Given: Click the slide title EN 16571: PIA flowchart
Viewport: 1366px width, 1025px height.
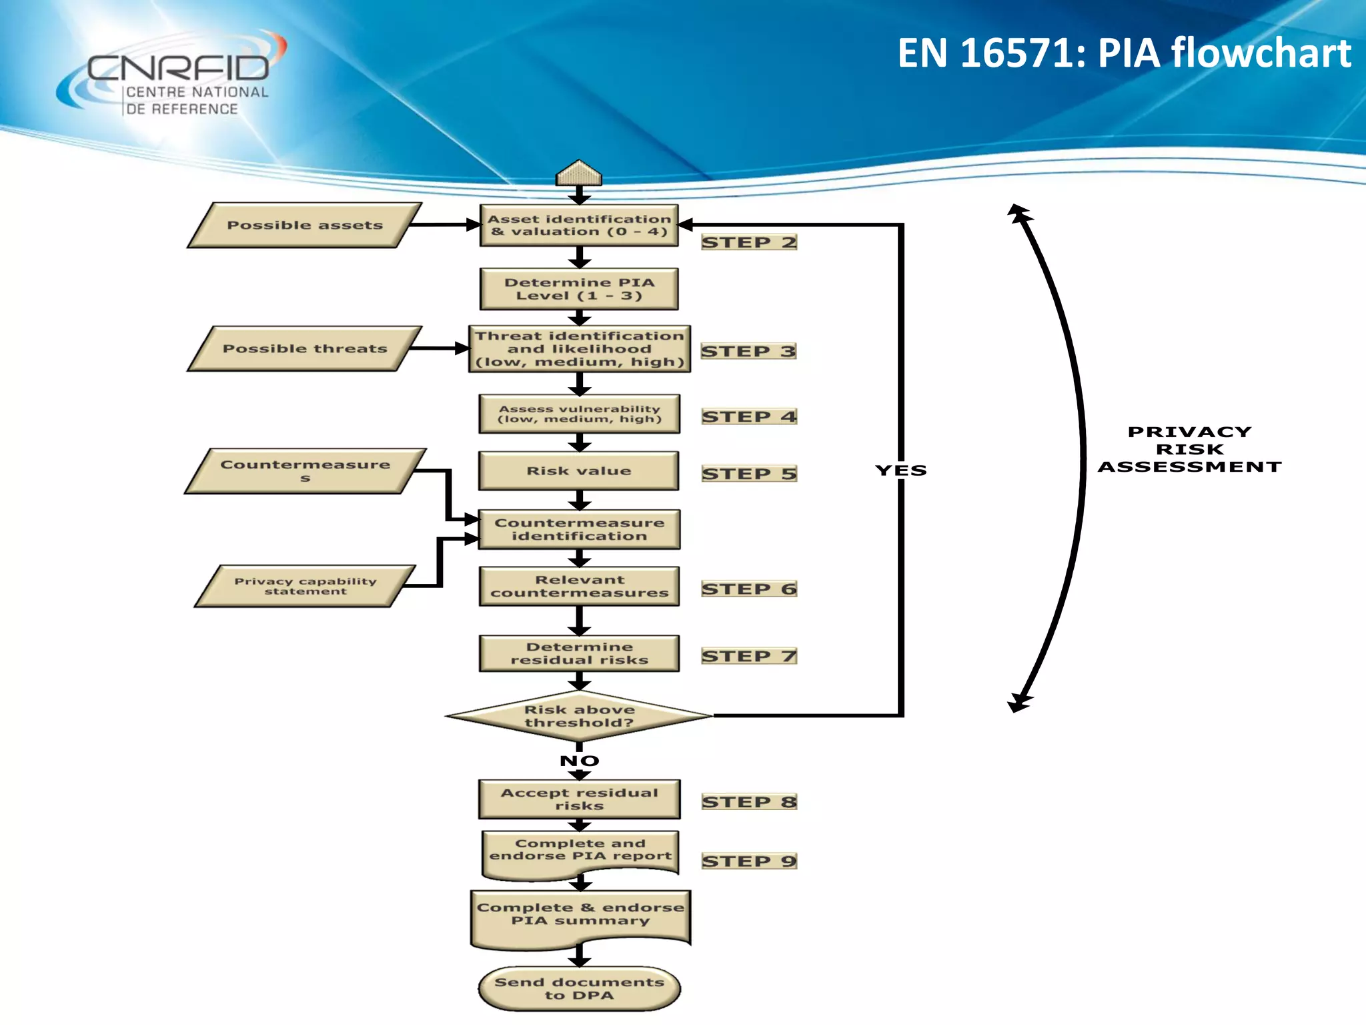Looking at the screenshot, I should [x=1124, y=53].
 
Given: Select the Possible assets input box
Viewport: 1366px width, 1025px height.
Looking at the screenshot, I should [x=305, y=226].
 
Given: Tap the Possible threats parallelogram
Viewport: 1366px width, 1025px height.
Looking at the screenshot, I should [x=305, y=348].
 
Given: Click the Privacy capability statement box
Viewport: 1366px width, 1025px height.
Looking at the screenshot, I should [x=305, y=586].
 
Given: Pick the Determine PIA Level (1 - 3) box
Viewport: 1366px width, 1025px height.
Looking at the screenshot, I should [x=579, y=289].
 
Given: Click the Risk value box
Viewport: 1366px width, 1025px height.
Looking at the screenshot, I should [x=579, y=471].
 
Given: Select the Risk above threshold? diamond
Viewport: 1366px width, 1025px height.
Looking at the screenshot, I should [x=579, y=716].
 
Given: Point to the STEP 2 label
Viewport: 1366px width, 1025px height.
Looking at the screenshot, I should [x=748, y=242].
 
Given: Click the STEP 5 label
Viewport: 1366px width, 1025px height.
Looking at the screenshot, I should [x=748, y=474].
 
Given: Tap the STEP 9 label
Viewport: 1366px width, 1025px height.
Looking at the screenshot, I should [x=748, y=861].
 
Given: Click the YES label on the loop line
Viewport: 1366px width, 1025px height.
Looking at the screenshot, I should [x=900, y=470].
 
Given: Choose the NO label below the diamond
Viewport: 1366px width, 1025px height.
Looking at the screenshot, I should [x=579, y=761].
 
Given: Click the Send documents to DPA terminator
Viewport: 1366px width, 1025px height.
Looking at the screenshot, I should [x=579, y=988].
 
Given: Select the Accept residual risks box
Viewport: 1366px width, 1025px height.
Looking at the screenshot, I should [x=579, y=799].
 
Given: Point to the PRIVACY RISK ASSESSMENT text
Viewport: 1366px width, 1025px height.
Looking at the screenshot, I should [x=1189, y=449].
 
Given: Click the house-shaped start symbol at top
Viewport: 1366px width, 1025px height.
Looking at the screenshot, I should [x=579, y=174].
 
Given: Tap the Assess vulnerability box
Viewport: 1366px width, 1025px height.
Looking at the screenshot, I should [x=579, y=414].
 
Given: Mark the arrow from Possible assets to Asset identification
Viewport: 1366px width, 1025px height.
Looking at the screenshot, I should [x=444, y=225].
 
